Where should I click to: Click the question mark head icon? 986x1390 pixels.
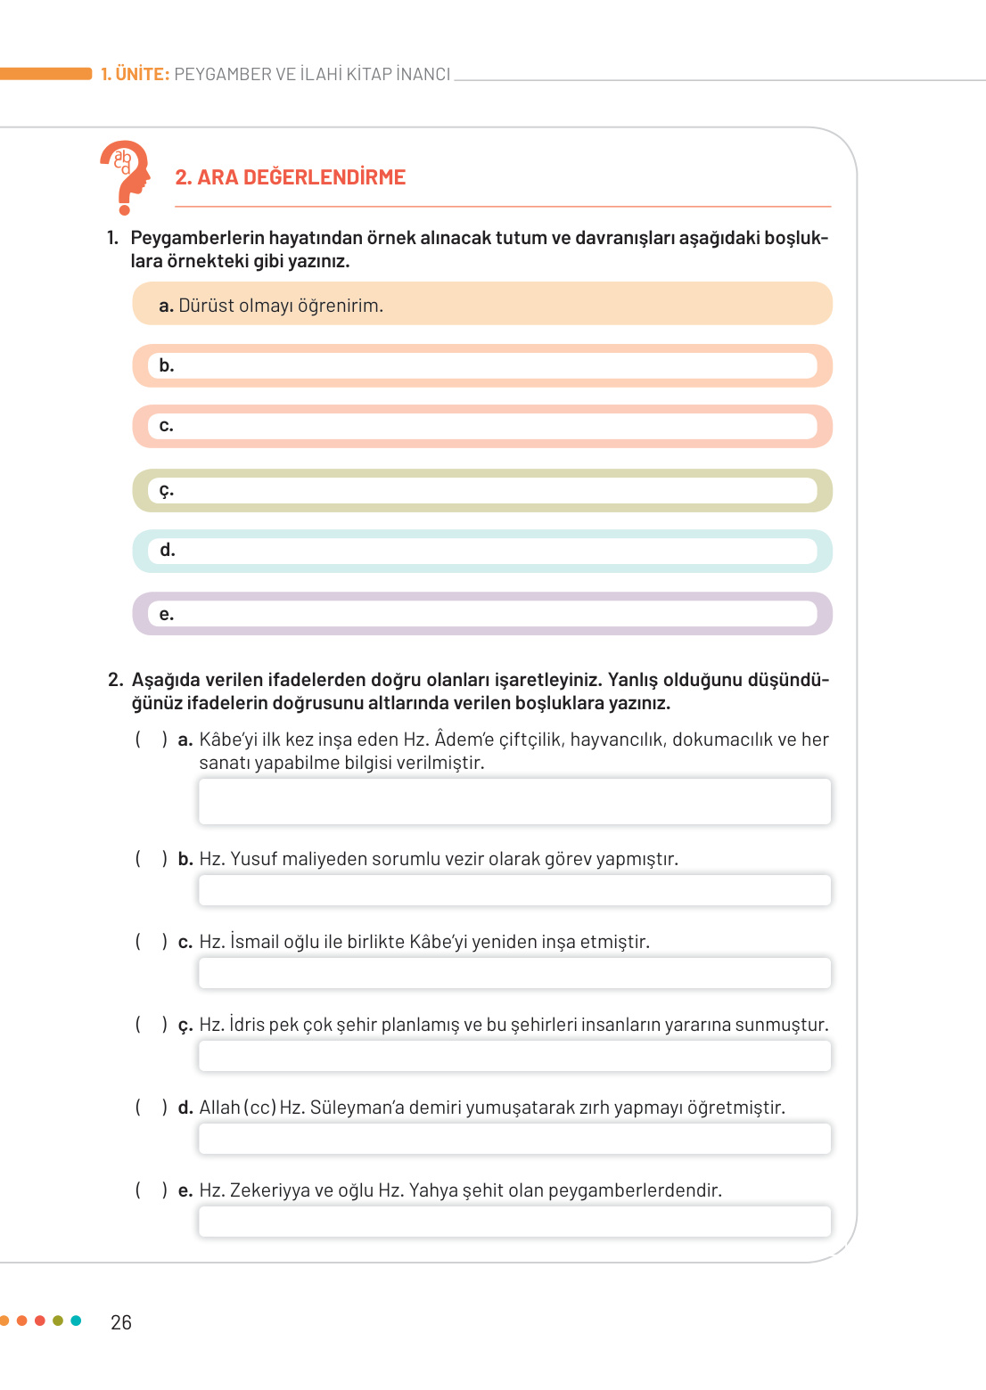125,176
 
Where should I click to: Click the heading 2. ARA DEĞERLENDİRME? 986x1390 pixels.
290,177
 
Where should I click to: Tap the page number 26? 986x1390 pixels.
121,1322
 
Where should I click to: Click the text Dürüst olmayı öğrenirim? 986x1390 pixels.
280,306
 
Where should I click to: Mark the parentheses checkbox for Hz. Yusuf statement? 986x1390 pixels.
151,859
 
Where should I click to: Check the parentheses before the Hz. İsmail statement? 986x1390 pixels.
151,942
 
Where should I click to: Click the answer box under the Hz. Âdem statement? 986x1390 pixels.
514,801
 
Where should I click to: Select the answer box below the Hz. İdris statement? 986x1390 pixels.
514,1056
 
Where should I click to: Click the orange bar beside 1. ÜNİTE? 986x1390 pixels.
45,74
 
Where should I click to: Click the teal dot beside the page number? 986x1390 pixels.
76,1320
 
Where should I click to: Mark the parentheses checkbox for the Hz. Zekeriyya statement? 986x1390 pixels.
151,1190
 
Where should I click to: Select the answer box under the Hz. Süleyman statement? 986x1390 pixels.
514,1139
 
